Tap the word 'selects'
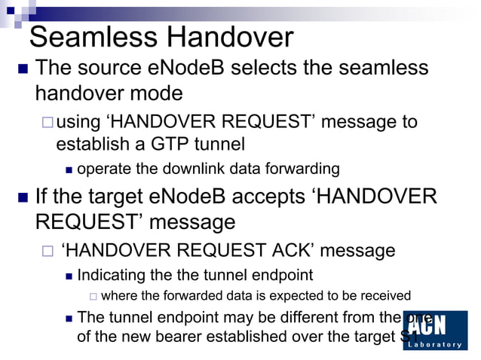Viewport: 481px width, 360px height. tap(267, 69)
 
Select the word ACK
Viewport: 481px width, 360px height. tap(280, 249)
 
